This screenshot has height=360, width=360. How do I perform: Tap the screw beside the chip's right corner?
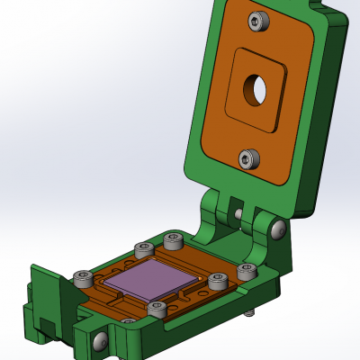click(x=217, y=281)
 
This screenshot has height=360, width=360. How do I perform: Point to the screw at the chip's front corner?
click(x=157, y=310)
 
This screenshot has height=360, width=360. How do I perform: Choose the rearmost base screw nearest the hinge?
click(x=173, y=240)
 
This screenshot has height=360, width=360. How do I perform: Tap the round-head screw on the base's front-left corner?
click(x=99, y=341)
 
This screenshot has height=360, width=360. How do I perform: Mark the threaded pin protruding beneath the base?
click(x=248, y=313)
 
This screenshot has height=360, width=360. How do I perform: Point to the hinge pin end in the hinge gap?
click(x=238, y=215)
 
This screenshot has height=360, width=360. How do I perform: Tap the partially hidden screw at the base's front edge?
click(x=129, y=321)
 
